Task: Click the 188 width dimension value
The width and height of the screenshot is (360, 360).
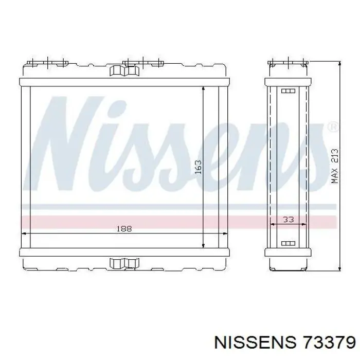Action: click(124, 229)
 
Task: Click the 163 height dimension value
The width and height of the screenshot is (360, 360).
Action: click(198, 167)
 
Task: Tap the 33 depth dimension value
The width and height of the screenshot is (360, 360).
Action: click(289, 220)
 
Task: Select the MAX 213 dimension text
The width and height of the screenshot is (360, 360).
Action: click(335, 166)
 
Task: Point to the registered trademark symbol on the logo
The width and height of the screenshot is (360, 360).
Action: click(333, 127)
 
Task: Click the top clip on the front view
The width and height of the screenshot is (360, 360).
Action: click(124, 70)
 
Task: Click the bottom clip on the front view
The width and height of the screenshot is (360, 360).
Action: click(124, 263)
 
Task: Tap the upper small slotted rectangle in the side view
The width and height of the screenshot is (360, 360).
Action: click(288, 91)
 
